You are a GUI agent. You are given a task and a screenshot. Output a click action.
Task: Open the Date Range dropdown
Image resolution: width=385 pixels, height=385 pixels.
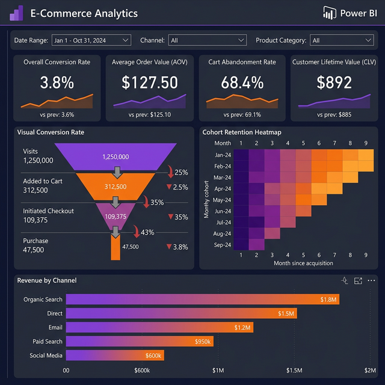click(91, 40)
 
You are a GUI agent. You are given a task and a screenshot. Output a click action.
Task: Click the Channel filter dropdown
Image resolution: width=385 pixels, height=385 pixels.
click(208, 40)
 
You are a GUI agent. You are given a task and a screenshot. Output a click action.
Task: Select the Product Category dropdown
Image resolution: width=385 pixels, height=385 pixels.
click(342, 40)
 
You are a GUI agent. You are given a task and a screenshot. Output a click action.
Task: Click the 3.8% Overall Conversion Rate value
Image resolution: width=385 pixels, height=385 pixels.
click(57, 82)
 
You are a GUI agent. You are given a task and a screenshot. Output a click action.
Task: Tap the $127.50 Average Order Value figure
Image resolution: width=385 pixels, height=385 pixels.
click(150, 82)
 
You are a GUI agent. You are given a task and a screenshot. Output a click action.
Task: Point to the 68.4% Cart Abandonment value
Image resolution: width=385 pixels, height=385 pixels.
click(242, 82)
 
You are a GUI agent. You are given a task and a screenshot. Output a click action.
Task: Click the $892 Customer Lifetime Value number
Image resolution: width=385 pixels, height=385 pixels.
click(334, 82)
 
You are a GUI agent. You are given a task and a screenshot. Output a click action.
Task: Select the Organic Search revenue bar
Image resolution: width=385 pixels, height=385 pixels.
click(203, 299)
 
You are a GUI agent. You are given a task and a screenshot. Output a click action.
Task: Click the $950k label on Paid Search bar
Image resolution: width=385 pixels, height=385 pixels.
click(202, 342)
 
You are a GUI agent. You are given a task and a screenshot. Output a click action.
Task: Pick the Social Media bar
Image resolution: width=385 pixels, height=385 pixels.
click(114, 356)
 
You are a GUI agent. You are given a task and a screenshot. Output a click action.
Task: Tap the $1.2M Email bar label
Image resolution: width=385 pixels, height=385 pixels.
click(243, 327)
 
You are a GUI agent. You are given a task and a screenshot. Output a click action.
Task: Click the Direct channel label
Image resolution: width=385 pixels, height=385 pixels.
click(55, 313)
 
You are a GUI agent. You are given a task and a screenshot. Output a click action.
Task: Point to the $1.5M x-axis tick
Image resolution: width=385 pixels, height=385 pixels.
click(294, 371)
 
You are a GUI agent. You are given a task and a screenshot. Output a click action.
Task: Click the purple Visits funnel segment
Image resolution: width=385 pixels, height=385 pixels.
click(115, 156)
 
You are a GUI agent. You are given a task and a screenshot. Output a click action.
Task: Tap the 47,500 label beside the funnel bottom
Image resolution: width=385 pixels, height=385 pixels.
click(131, 247)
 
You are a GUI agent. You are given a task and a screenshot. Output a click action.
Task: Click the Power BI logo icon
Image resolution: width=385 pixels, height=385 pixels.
click(329, 13)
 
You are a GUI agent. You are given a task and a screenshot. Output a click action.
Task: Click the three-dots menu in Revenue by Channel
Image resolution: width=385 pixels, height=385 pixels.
click(371, 280)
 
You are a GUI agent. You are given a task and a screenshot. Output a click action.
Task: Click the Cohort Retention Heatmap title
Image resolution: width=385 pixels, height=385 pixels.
click(242, 132)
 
